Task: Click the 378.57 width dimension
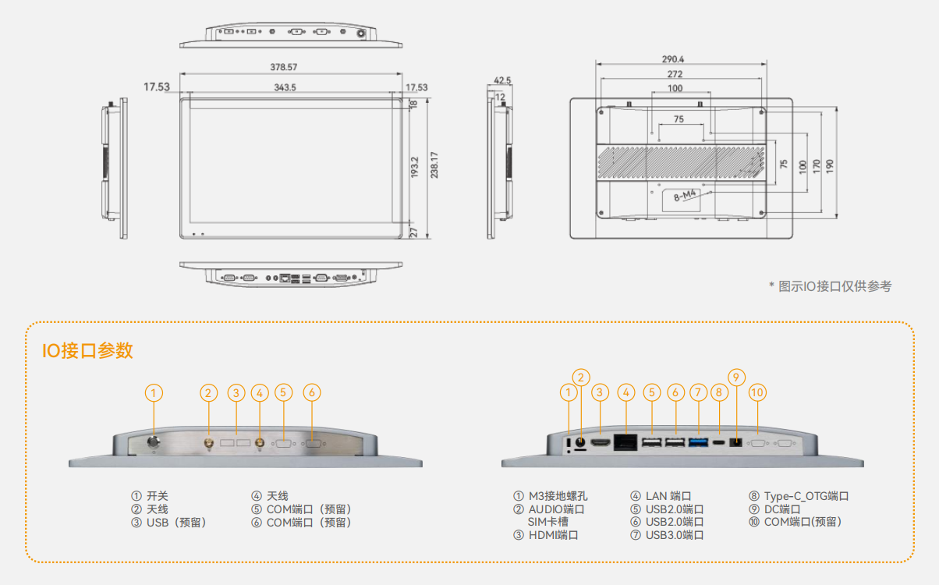click(x=284, y=67)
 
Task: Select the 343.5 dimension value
click(x=285, y=87)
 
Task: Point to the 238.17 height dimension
click(x=434, y=165)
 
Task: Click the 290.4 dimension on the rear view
click(x=673, y=59)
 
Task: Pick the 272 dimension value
click(x=675, y=74)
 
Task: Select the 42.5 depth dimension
click(x=502, y=80)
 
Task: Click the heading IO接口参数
click(x=87, y=351)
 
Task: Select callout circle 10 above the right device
click(x=757, y=392)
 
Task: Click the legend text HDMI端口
click(x=553, y=535)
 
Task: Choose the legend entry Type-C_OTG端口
click(x=806, y=496)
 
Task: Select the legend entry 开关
click(x=157, y=496)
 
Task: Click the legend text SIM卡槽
click(x=547, y=522)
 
